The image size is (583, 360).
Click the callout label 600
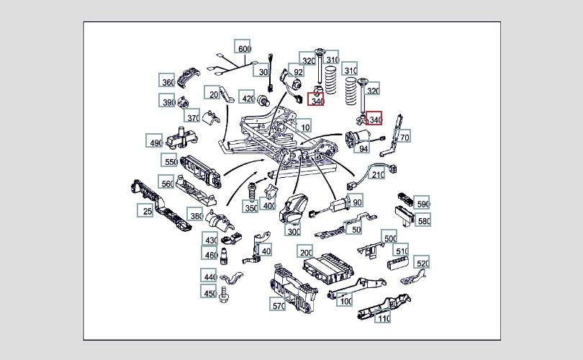tap(244, 50)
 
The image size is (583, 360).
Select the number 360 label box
tap(168, 82)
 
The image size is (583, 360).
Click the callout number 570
tap(279, 305)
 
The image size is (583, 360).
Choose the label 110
tap(384, 318)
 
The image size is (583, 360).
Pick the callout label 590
tap(422, 203)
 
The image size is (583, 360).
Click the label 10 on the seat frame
tap(305, 127)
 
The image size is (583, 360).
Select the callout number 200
tap(306, 252)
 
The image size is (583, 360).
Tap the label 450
tap(209, 294)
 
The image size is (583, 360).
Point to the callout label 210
tap(379, 175)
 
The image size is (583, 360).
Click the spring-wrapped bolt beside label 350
tap(252, 192)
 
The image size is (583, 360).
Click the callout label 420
tap(248, 99)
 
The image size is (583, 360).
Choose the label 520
tap(422, 264)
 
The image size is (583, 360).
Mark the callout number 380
tap(195, 215)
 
